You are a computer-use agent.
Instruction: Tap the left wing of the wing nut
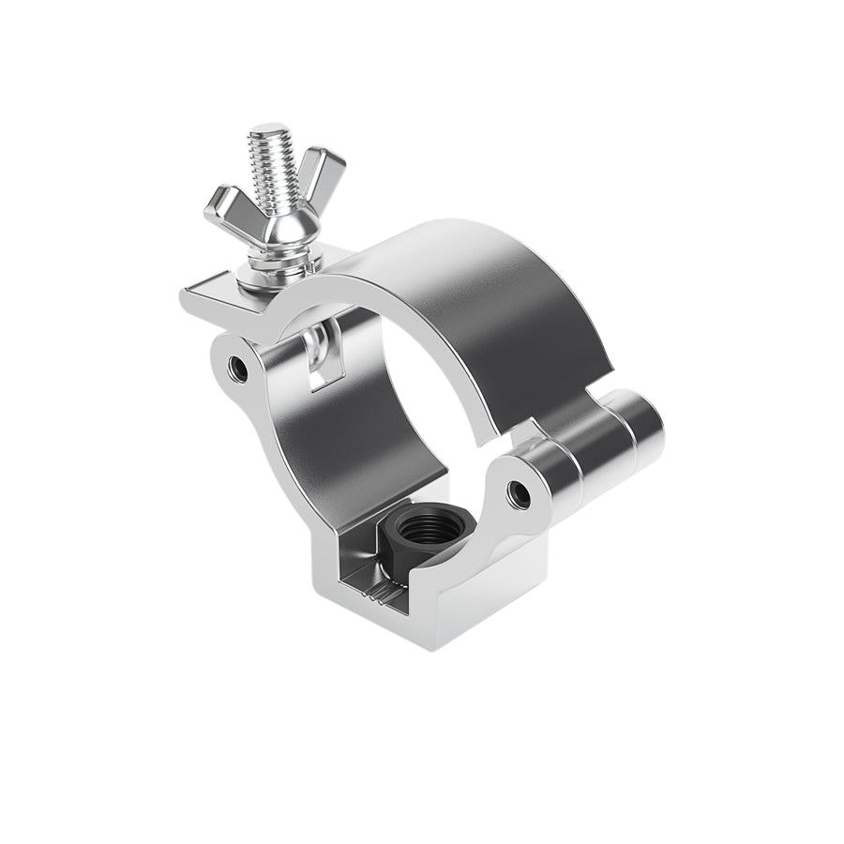(x=225, y=204)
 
